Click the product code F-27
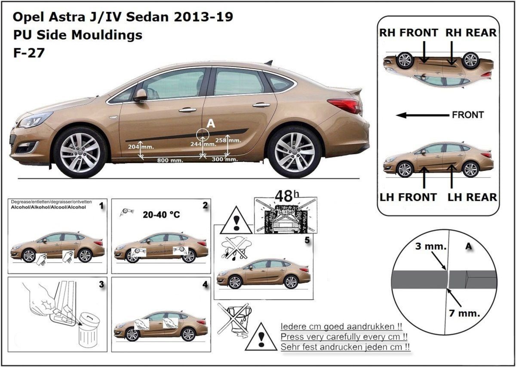coord(29,53)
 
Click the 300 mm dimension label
coord(225,160)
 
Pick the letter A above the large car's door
coord(211,124)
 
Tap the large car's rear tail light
coord(344,105)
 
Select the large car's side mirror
coord(140,95)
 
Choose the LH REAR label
coord(472,197)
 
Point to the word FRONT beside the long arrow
coord(468,115)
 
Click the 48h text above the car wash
coord(285,197)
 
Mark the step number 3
coord(101,284)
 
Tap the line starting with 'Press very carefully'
coord(344,337)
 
